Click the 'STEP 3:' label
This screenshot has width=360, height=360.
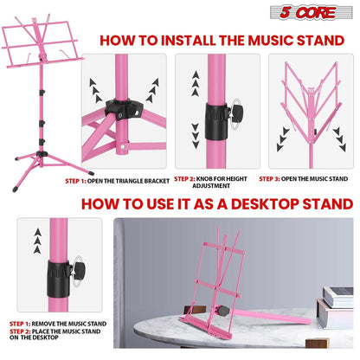(x=281, y=179)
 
